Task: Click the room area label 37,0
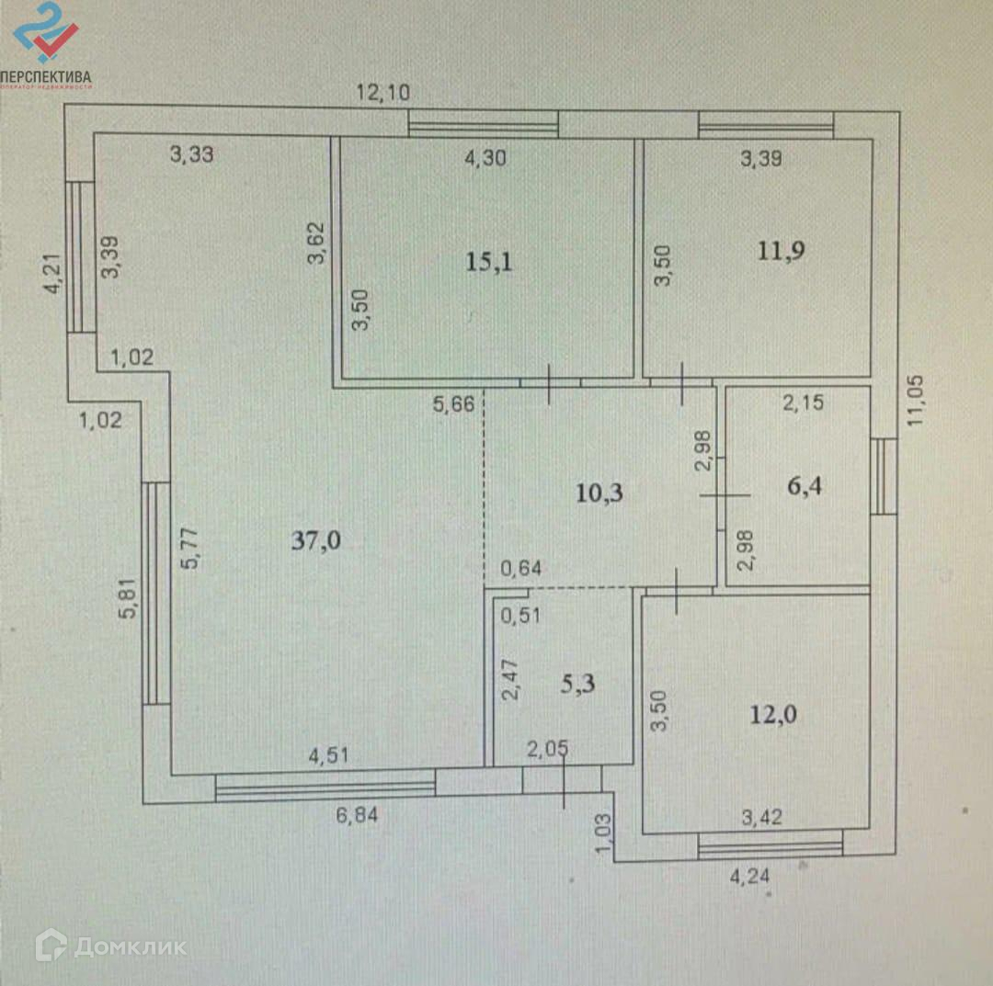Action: (316, 540)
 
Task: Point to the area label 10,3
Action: (599, 493)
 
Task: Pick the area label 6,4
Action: (804, 486)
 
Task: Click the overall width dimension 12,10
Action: (383, 91)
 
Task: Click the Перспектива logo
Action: (46, 46)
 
